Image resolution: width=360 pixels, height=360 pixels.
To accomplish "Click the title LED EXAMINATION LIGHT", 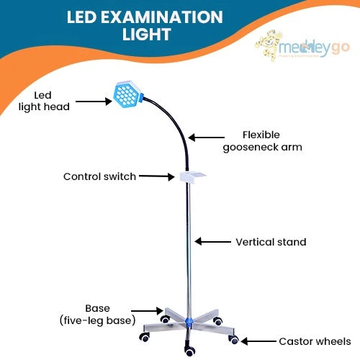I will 145,25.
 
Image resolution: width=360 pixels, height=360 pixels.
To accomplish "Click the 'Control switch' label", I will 99,176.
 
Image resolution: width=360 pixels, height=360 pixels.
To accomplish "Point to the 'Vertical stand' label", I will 271,242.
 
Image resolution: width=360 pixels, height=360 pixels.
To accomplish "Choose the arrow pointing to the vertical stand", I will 212,242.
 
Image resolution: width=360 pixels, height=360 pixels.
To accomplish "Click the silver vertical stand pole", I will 189,245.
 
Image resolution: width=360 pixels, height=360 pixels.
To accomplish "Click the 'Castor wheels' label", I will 314,341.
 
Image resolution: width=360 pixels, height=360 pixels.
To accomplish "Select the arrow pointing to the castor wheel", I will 258,341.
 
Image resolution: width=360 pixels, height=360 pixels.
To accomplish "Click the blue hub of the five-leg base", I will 189,319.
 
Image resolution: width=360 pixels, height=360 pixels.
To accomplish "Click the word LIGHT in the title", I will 145,34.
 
